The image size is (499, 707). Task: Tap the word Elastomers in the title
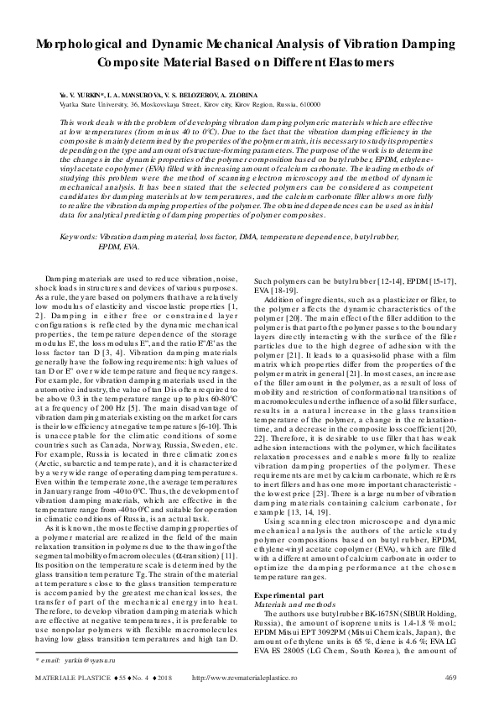357,62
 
